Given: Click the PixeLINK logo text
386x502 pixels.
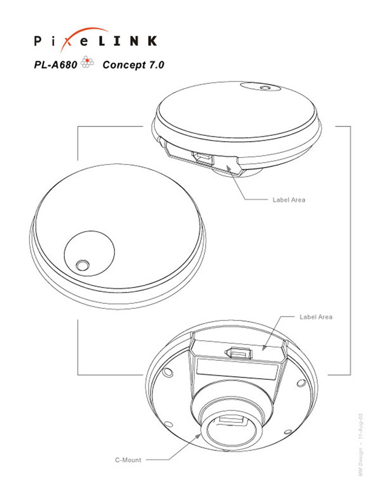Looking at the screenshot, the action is click(x=96, y=41).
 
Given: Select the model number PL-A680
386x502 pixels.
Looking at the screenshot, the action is click(x=55, y=65).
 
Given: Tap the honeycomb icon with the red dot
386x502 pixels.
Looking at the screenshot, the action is click(x=87, y=62).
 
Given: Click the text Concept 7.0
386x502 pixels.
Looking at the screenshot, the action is click(x=133, y=65).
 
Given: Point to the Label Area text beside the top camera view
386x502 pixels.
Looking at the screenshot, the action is click(x=289, y=200).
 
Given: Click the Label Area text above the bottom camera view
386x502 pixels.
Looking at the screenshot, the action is click(x=316, y=317).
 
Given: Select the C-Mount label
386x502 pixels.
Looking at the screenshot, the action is click(x=128, y=460).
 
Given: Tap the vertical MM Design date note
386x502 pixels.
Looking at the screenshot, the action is click(x=361, y=445).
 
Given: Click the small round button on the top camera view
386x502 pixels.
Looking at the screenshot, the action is click(x=265, y=88).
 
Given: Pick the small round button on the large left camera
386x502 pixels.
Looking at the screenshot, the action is click(x=82, y=265).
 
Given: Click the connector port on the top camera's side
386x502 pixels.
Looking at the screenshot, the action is click(x=202, y=157).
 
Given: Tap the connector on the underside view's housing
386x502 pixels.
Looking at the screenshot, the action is click(x=240, y=353).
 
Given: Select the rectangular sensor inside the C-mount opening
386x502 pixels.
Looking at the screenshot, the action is click(x=229, y=420).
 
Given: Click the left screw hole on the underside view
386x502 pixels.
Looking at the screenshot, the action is click(x=168, y=372).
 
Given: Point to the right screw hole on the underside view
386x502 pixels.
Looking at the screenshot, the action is click(x=301, y=383).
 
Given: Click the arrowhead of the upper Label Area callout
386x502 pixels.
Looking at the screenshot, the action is click(x=228, y=168).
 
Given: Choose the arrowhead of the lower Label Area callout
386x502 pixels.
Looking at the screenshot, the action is click(x=263, y=348).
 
